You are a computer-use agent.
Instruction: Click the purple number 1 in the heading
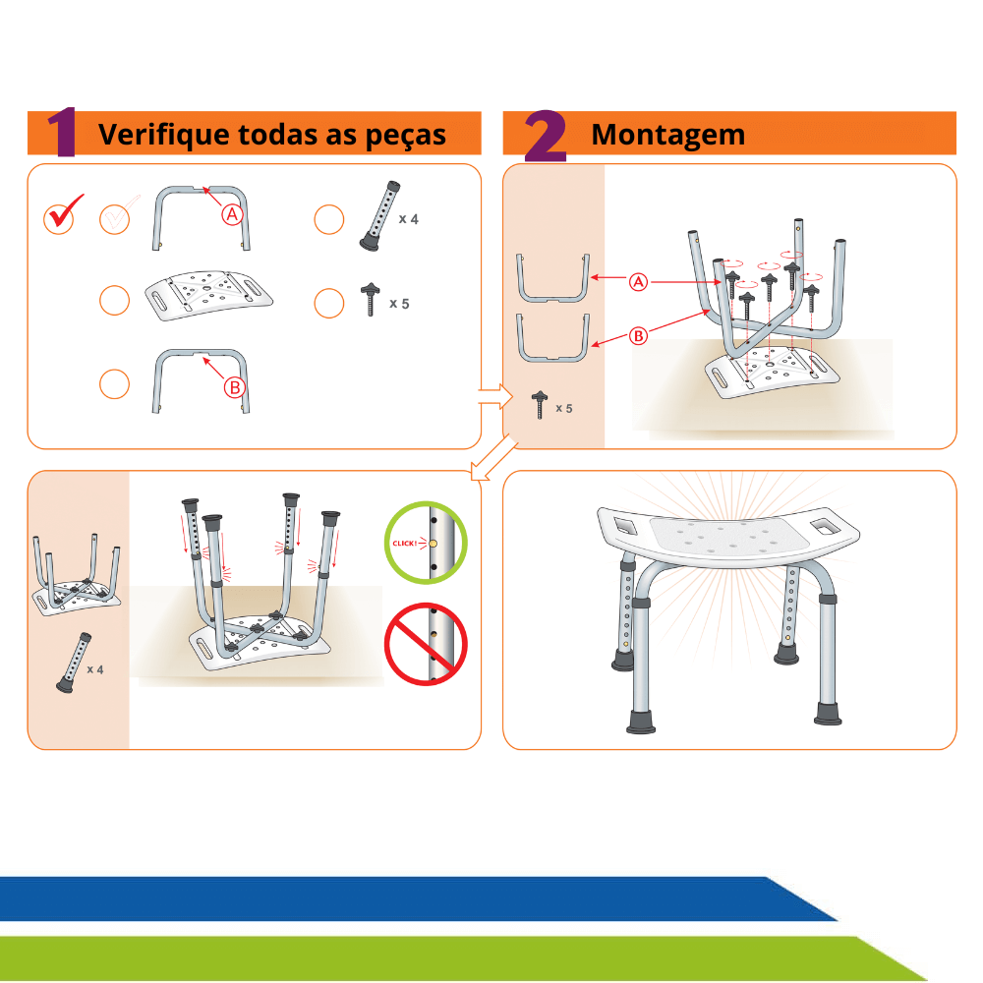(63, 132)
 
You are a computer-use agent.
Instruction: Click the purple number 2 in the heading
(546, 136)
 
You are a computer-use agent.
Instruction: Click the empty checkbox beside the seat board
(115, 300)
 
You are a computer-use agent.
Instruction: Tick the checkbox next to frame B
(115, 383)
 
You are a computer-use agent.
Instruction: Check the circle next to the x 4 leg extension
(329, 219)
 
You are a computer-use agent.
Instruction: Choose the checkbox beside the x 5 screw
(329, 304)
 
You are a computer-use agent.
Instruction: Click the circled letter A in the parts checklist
(232, 215)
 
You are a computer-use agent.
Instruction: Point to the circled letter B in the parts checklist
(235, 388)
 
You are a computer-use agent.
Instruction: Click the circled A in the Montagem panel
(638, 282)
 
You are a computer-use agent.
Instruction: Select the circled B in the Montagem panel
(638, 336)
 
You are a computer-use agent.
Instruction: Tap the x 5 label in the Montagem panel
(563, 409)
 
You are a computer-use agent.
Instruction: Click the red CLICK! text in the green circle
(404, 543)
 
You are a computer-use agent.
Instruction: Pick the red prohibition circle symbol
(426, 644)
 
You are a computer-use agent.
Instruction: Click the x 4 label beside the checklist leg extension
(408, 219)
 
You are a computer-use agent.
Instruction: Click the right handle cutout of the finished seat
(826, 525)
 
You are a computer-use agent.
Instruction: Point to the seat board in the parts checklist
(208, 296)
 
